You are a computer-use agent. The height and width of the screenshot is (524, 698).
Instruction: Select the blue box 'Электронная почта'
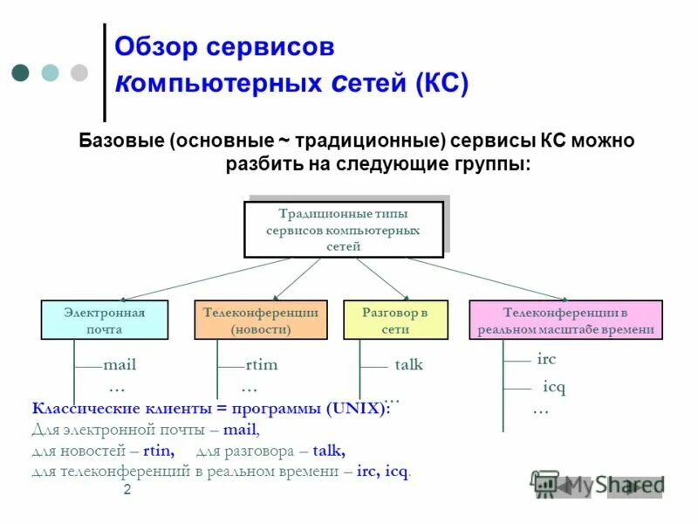click(x=104, y=320)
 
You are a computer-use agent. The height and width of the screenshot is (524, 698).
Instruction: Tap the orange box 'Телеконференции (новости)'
click(x=260, y=320)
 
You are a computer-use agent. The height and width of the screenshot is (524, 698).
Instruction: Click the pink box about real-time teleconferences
click(x=565, y=320)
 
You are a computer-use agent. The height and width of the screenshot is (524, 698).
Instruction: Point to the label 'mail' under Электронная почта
click(x=120, y=365)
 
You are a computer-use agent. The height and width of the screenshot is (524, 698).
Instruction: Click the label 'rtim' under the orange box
click(x=261, y=365)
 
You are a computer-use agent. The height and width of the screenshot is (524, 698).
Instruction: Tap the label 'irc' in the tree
click(x=546, y=359)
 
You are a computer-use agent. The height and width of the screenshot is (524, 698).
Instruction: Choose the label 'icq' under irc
click(x=554, y=386)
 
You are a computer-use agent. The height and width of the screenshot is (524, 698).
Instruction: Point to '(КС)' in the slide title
click(x=441, y=84)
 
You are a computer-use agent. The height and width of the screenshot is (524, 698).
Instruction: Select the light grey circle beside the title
click(x=79, y=72)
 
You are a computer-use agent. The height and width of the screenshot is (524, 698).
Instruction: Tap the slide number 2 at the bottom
click(x=127, y=491)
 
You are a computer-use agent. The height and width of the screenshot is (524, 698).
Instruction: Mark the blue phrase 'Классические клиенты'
click(x=106, y=409)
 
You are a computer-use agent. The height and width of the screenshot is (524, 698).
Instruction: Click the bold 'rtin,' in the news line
click(x=158, y=451)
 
